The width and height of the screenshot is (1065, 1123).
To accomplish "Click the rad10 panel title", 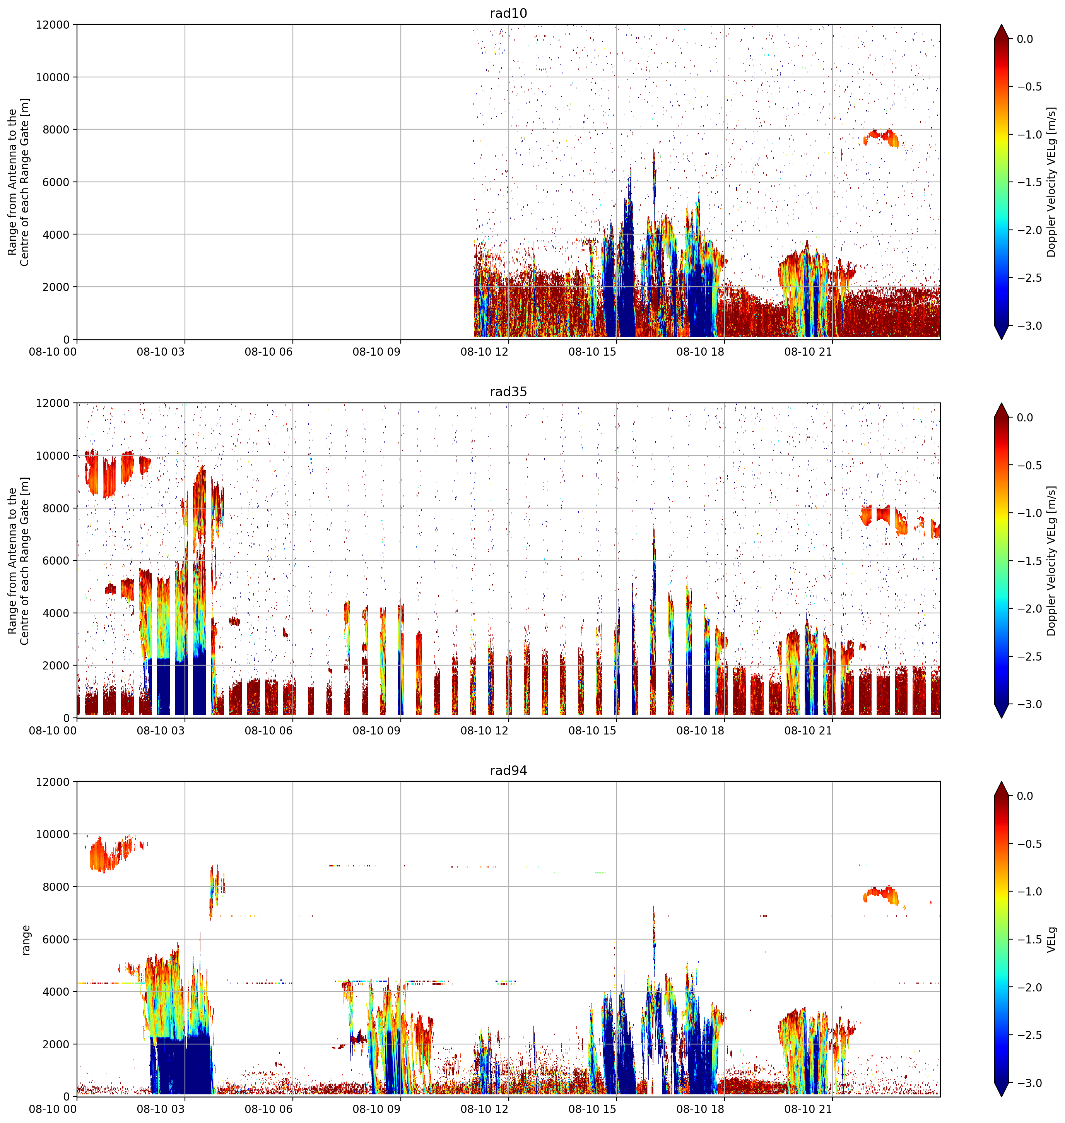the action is pyautogui.click(x=508, y=13).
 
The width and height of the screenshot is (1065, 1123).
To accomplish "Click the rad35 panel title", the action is pyautogui.click(x=508, y=392).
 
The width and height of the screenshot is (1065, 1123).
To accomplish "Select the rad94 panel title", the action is pyautogui.click(x=508, y=770).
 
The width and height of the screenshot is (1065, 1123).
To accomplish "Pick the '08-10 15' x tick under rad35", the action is pyautogui.click(x=592, y=731).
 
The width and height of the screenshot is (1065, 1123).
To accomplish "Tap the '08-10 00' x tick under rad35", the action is pyautogui.click(x=53, y=731).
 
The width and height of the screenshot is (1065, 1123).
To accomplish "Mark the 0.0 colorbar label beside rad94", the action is pyautogui.click(x=1025, y=796).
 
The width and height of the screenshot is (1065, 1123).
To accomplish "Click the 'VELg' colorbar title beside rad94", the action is pyautogui.click(x=1052, y=940).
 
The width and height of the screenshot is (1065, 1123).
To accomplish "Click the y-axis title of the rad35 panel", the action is pyautogui.click(x=19, y=561).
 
